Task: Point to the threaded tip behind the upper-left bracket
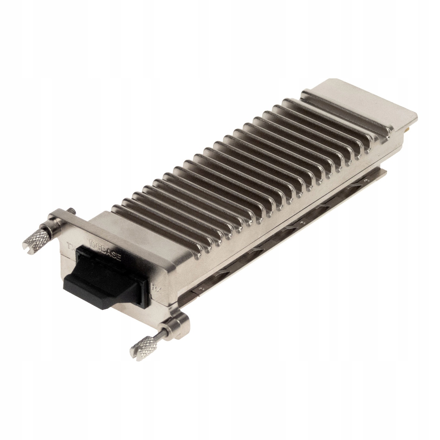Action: point(71,210)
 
